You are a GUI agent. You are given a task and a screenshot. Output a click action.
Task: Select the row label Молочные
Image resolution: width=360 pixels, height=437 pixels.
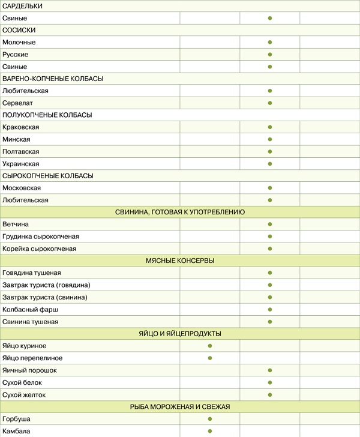pos(19,43)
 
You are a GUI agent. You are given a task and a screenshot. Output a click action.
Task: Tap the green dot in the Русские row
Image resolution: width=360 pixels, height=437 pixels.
pos(270,55)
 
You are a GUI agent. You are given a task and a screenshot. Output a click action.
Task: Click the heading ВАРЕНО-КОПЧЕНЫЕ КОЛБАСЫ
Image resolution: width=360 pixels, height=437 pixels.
pos(53,79)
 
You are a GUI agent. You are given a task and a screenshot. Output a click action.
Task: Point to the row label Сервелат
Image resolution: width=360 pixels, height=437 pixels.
pos(17,103)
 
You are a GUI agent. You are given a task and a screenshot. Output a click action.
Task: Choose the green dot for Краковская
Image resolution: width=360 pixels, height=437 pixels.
pos(270,127)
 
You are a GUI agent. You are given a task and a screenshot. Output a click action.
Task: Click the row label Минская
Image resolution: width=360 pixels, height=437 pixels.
pos(16,139)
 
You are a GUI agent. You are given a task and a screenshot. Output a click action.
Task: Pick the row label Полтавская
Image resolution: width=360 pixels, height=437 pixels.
pos(20,152)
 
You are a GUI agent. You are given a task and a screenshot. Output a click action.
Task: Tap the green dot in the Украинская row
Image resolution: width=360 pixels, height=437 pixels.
pos(270,164)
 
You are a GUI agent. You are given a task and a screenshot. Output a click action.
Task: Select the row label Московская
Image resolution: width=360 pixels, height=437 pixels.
pos(22,188)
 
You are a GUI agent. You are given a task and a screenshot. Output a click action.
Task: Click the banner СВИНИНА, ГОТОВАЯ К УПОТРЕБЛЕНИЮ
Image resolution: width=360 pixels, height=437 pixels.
pos(180,212)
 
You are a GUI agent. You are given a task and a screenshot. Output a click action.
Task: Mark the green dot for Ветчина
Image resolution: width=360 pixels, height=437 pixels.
pos(270,225)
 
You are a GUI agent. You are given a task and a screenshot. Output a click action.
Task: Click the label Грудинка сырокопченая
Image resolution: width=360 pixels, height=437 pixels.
pos(41,237)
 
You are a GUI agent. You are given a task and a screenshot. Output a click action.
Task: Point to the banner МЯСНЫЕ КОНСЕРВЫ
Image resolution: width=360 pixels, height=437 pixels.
pos(180,261)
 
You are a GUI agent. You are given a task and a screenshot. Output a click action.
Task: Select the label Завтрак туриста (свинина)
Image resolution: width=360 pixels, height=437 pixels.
pos(45,297)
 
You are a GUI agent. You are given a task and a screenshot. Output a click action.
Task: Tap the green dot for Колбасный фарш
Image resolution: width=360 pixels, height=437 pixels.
pos(270,309)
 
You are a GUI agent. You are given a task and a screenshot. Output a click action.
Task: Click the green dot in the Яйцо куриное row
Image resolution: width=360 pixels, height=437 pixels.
pos(210,346)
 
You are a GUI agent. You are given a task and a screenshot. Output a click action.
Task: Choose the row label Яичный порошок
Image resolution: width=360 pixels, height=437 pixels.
pos(29,370)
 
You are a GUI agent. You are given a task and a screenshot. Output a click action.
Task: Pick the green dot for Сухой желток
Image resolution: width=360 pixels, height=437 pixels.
pos(270,394)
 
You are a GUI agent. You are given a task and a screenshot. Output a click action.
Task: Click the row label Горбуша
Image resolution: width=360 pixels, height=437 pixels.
pos(16,419)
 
